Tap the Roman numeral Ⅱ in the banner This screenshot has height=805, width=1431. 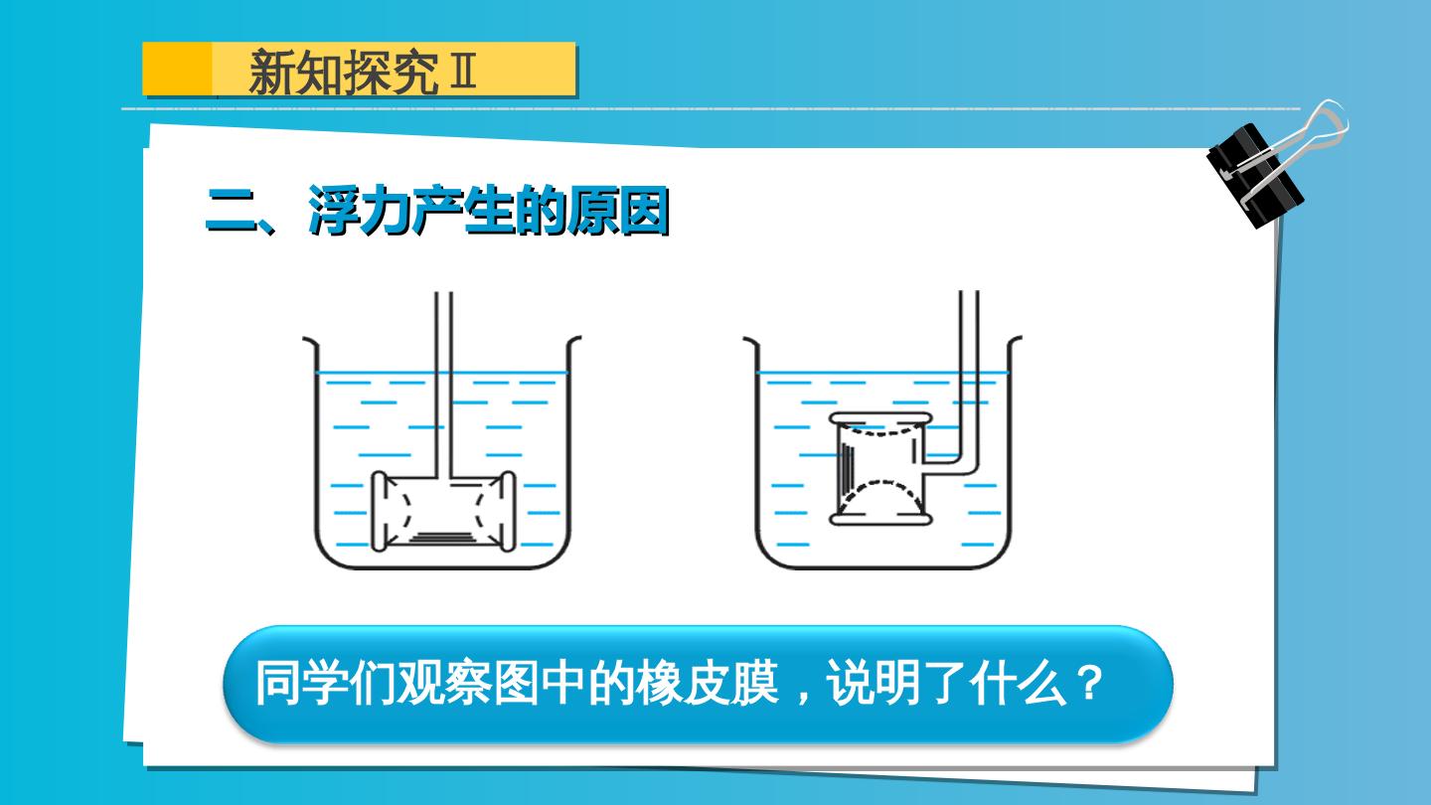pos(463,71)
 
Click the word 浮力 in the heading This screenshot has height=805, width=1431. pos(361,211)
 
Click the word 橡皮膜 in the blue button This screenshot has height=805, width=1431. pos(708,684)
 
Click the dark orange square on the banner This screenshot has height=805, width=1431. pos(177,69)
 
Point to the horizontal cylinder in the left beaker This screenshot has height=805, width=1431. pos(443,511)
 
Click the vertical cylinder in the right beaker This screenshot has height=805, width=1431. pos(880,469)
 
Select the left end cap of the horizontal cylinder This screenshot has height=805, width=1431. pos(379,511)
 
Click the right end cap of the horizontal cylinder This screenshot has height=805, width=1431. pos(508,511)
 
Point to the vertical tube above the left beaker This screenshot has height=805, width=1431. pos(443,385)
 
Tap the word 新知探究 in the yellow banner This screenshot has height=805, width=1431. pos(344,72)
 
